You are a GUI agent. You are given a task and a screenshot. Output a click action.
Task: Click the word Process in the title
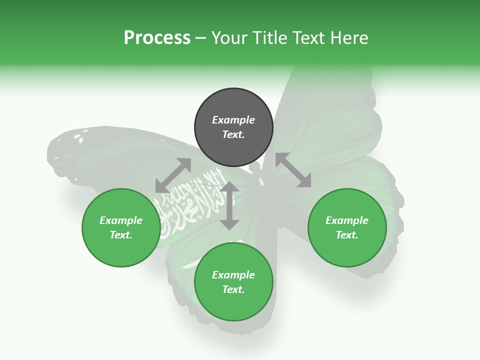pos(157,38)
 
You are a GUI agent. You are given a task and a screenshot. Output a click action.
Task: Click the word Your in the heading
pos(230,38)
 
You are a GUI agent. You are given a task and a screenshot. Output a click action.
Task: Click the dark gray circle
pos(233,127)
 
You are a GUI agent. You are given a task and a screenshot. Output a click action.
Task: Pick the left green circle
pos(121,227)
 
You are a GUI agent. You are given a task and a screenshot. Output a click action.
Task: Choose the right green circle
pos(347,227)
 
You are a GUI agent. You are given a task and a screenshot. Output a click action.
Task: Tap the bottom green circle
pos(233,282)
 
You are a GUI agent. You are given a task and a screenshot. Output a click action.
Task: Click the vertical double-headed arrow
pos(229,205)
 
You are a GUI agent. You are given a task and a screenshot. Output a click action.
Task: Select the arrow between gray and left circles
pos(173,175)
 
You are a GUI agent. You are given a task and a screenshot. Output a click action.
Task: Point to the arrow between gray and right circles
pos(293,170)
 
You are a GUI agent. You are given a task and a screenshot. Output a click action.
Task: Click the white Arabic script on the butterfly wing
pos(192,200)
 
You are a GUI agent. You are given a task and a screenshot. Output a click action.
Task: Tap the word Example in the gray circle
pos(233,120)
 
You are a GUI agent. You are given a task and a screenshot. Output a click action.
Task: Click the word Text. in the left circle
pos(121,235)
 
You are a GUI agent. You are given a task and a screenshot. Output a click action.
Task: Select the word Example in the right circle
pos(347,220)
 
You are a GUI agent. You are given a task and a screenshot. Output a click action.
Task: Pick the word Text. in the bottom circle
pos(233,289)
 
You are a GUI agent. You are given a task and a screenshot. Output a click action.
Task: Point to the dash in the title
pos(201,38)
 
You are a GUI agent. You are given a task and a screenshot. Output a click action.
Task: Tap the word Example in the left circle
pos(121,220)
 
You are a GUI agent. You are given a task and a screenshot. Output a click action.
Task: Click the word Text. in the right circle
pos(347,235)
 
